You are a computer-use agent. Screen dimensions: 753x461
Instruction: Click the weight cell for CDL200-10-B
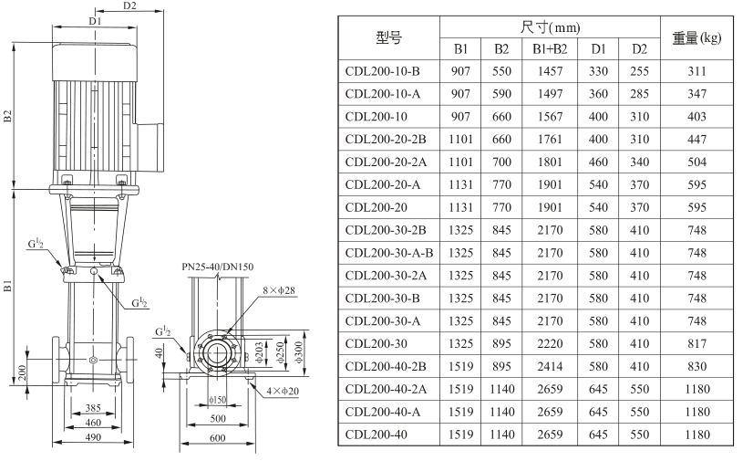[x=696, y=71]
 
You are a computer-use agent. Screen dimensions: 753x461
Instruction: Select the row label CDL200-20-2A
[x=386, y=162]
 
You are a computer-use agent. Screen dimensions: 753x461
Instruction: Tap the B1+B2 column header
[x=550, y=48]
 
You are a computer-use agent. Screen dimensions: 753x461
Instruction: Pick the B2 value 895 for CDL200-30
[x=501, y=344]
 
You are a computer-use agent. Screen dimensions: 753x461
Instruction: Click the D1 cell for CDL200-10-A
[x=598, y=94]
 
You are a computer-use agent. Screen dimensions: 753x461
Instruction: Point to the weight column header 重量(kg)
[x=696, y=37]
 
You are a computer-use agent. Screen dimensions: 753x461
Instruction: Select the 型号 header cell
[x=388, y=37]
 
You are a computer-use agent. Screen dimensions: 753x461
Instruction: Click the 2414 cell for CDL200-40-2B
[x=550, y=366]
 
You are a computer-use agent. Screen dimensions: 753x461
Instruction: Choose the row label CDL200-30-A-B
[x=389, y=253]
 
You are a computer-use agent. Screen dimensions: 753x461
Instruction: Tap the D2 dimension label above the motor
[x=129, y=5]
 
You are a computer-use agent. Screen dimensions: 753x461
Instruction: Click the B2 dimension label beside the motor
[x=7, y=116]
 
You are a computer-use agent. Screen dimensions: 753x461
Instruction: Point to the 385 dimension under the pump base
[x=93, y=408]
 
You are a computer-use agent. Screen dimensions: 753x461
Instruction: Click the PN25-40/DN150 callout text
[x=218, y=267]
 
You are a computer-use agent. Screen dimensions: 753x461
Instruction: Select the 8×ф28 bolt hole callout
[x=279, y=290]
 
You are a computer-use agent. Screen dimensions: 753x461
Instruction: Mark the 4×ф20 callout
[x=283, y=392]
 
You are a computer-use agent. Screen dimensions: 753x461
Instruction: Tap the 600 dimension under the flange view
[x=218, y=437]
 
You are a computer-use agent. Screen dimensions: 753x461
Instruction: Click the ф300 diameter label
[x=299, y=351]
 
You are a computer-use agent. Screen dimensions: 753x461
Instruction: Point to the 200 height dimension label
[x=22, y=372]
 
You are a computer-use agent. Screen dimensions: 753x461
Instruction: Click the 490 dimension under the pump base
[x=93, y=437]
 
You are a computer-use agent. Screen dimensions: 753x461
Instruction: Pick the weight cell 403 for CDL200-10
[x=696, y=116]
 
